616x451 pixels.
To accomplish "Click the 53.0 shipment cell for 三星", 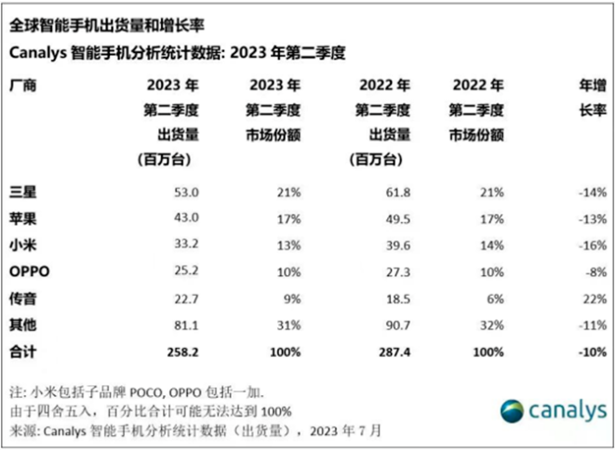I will click(186, 193).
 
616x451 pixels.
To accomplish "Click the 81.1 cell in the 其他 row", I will click(186, 326).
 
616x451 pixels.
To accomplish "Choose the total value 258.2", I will click(183, 352).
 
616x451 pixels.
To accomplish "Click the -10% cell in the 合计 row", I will click(592, 352).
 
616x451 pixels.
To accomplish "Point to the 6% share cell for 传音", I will click(495, 299).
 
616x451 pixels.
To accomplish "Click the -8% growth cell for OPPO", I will click(595, 272).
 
